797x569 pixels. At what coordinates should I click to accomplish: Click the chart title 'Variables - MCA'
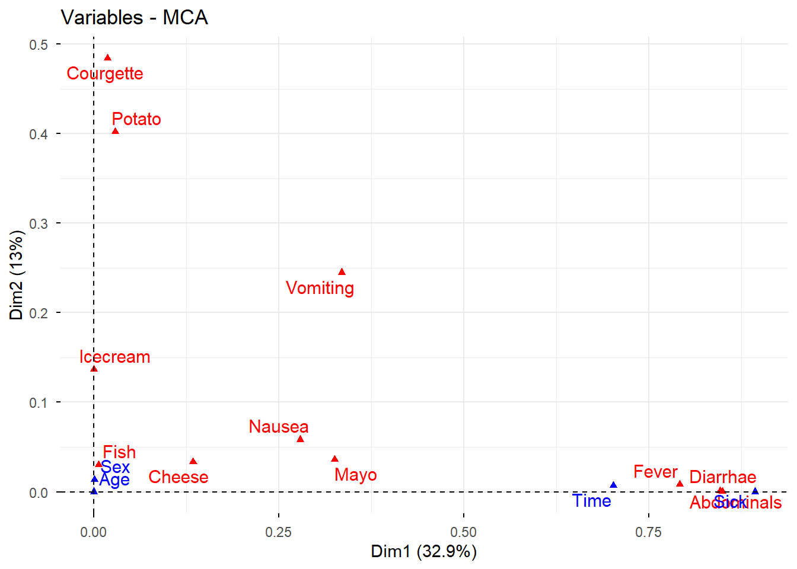point(135,17)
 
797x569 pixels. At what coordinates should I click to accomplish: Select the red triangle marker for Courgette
point(107,57)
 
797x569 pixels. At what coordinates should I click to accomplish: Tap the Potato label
point(136,119)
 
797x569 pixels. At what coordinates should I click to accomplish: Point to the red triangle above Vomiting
point(342,272)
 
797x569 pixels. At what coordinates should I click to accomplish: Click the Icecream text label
point(114,357)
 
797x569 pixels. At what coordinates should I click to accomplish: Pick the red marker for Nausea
point(300,439)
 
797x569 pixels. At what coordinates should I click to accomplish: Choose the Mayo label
point(355,475)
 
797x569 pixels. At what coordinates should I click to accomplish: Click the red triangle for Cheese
point(193,461)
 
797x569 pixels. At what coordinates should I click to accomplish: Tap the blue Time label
point(592,501)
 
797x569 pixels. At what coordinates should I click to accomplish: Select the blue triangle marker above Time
point(613,485)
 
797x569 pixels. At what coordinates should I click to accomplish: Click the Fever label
point(655,472)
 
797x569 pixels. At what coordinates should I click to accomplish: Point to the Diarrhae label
point(722,477)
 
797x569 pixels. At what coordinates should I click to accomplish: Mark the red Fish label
point(119,452)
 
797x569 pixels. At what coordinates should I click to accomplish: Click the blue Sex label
point(115,467)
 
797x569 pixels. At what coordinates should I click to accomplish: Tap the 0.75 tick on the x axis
point(648,532)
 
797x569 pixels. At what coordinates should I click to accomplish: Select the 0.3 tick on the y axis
point(39,223)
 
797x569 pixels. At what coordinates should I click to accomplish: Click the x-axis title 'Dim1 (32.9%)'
point(423,552)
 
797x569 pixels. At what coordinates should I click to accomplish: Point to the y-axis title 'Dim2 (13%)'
point(17,276)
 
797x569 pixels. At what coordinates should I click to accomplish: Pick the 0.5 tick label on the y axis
point(39,44)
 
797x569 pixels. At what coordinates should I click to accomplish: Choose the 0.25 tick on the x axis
point(278,532)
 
